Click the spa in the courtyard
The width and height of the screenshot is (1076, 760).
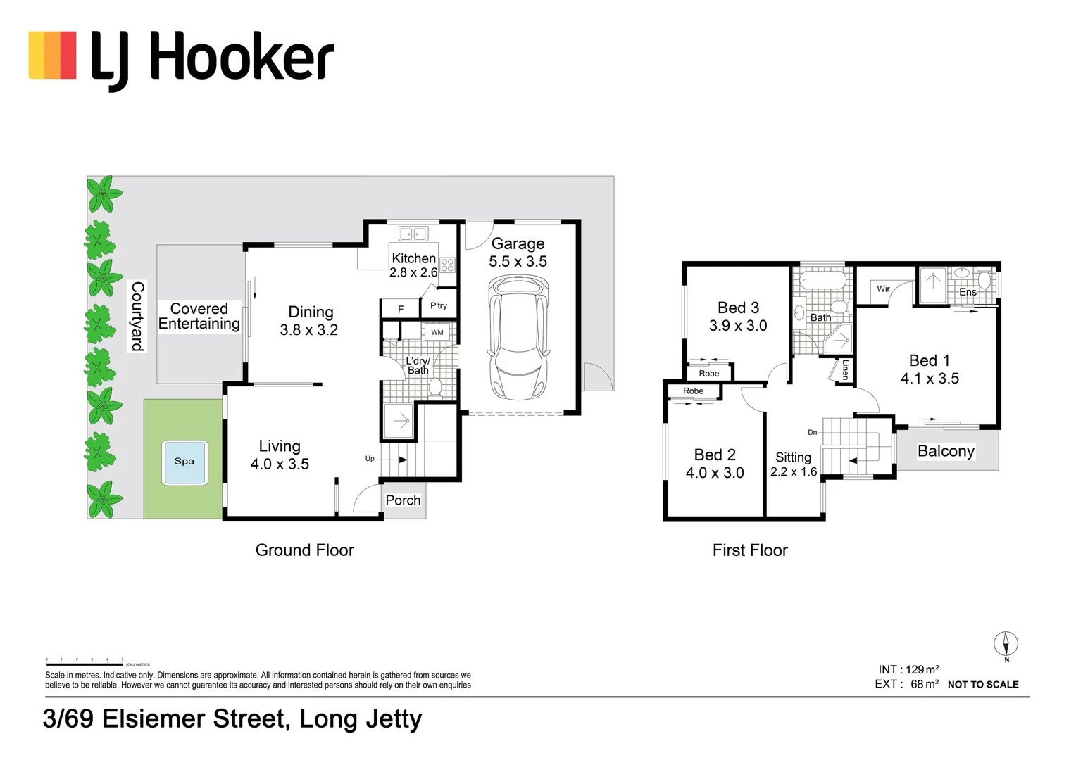(184, 462)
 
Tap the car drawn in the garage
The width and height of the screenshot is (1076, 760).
(519, 336)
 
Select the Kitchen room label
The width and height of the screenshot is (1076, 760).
(413, 258)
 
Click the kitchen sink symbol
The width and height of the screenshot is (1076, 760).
(413, 234)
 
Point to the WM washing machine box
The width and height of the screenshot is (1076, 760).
(437, 332)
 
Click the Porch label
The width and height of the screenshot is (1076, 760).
(403, 500)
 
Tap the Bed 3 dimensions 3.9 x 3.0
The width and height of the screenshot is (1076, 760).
(737, 326)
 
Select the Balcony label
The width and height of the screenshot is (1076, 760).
(946, 451)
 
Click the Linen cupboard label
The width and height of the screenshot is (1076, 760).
(846, 370)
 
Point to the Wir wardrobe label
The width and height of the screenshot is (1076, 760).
(883, 289)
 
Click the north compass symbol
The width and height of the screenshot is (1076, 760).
(1006, 644)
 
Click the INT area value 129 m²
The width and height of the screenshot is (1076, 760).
(922, 670)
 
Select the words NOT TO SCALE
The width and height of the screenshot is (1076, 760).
(983, 685)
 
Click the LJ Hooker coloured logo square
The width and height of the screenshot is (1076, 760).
(52, 55)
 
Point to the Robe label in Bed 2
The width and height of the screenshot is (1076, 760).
(693, 391)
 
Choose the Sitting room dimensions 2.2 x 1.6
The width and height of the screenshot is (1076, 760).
(794, 472)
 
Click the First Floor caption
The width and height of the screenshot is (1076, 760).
(750, 550)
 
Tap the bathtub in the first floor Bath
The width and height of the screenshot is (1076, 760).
(823, 281)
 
